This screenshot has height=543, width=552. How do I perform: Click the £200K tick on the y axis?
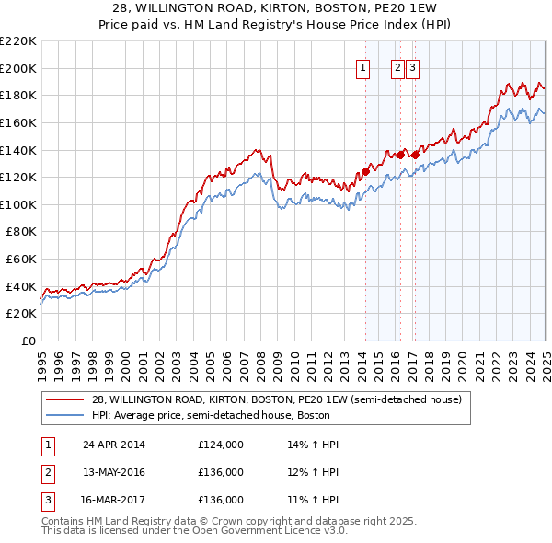point(19,68)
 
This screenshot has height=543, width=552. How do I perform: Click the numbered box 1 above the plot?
point(362,67)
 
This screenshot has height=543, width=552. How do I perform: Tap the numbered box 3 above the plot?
point(412,67)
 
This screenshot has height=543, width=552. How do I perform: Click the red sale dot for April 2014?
point(365,171)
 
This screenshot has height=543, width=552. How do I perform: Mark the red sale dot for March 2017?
point(414,155)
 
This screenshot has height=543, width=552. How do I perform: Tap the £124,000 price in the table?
point(221,445)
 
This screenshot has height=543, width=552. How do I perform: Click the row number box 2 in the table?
point(47,472)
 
